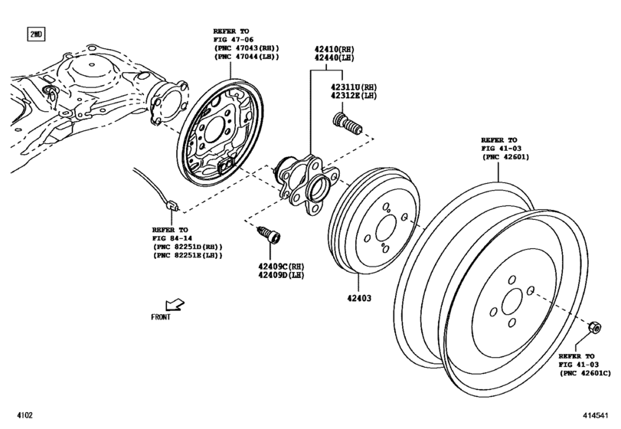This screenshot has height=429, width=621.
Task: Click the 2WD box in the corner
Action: [x=36, y=34]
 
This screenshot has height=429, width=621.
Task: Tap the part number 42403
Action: [x=359, y=298]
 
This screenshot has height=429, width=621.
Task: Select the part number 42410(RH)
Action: [x=335, y=50]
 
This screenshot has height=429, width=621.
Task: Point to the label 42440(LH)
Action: [x=335, y=58]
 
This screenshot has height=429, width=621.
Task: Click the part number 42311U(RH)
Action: [x=354, y=87]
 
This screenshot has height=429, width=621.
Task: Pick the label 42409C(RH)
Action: [x=281, y=266]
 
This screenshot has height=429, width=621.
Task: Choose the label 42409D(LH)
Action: [x=281, y=275]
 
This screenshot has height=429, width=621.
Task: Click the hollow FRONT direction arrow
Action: [x=175, y=304]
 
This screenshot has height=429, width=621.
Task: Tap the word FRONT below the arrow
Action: [x=161, y=317]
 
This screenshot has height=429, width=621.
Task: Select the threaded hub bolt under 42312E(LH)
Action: [x=348, y=123]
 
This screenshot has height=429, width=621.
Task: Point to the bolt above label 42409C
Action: [x=269, y=235]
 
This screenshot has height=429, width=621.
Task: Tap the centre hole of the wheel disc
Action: [x=512, y=303]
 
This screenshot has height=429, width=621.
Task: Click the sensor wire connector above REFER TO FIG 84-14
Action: [x=172, y=205]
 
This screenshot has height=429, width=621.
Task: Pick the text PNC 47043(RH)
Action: [x=247, y=48]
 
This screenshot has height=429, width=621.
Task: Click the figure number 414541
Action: [x=595, y=415]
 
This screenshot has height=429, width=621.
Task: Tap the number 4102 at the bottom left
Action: [x=25, y=415]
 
